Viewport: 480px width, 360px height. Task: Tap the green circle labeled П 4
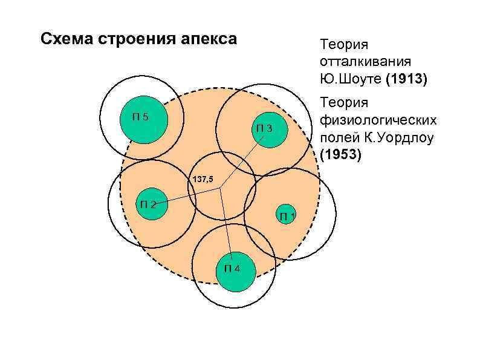235,268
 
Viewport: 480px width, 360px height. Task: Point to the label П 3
264,128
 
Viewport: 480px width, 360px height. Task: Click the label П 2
148,204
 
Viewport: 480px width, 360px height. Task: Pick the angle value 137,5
203,180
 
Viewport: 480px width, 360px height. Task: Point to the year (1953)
341,155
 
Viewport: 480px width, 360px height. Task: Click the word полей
336,137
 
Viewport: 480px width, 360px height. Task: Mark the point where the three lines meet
221,188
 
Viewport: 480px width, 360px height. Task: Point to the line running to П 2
187,196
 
